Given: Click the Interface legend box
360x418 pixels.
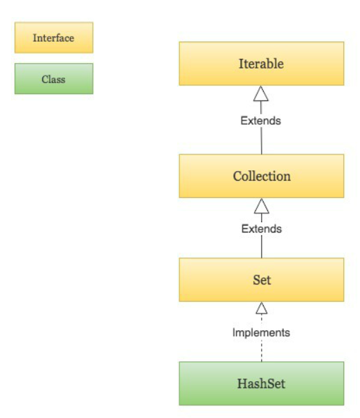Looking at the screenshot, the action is tap(54, 37).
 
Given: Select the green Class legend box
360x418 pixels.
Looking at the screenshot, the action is tap(54, 79).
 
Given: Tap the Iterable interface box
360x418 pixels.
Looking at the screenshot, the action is tap(261, 64).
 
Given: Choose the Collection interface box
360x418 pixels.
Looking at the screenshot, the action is tap(261, 176).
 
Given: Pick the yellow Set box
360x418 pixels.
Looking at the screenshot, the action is tap(261, 280).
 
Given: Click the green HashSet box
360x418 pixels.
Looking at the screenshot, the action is tap(261, 383).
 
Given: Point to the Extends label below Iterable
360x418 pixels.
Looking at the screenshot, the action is tap(261, 120).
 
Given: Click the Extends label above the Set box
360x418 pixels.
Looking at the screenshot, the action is tap(262, 229).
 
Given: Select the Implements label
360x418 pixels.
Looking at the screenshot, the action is tap(261, 333).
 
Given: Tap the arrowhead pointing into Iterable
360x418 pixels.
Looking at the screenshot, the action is tap(261, 93).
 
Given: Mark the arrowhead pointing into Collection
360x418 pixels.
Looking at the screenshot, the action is tap(262, 206).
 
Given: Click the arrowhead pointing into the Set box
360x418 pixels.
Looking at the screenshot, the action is tap(262, 308).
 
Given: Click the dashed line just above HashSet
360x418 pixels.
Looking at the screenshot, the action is tap(262, 351).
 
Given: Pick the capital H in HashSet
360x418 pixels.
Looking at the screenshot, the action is tap(242, 383).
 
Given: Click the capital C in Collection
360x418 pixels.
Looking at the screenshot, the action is tap(237, 176).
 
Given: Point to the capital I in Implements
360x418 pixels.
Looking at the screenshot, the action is tap(233, 332).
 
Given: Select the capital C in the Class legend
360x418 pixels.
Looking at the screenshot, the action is tap(44, 79).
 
